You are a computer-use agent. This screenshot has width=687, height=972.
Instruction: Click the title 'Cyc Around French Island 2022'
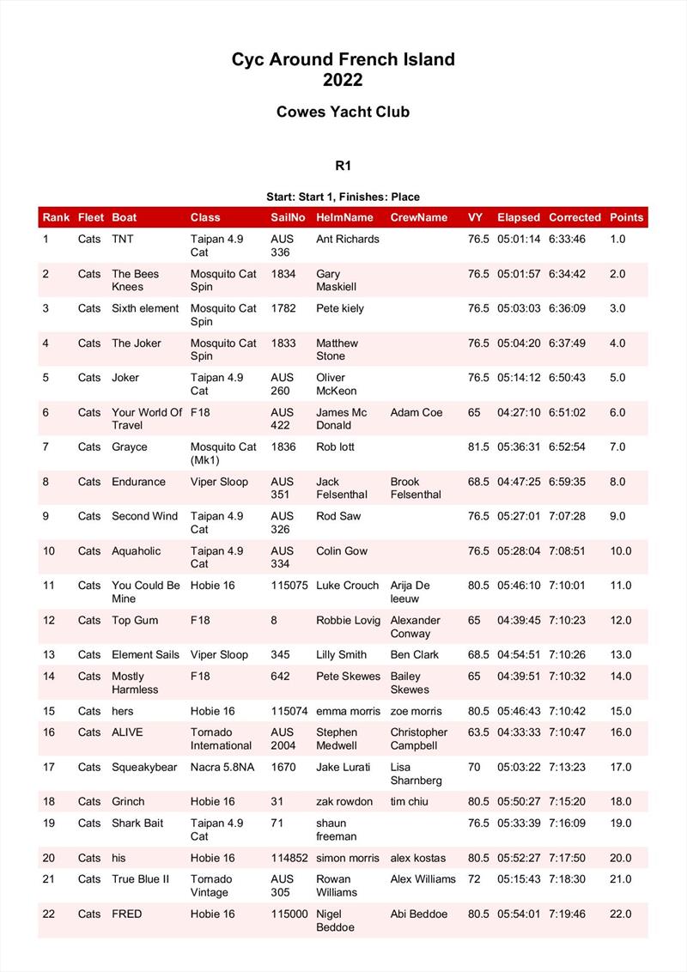click(x=343, y=70)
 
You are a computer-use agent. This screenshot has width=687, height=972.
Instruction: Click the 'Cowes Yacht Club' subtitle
click(x=343, y=112)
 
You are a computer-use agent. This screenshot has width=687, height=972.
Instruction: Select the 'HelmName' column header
click(x=344, y=217)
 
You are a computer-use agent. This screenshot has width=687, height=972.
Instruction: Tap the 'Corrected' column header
click(x=575, y=217)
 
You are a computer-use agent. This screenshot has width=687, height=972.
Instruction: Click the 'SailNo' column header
click(x=288, y=217)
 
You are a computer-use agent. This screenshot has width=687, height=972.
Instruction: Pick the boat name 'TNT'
click(x=123, y=239)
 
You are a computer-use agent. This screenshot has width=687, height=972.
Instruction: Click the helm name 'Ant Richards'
click(x=347, y=239)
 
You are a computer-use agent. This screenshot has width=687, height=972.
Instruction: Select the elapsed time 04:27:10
click(x=519, y=412)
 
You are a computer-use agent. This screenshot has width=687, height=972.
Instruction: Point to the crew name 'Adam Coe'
click(x=416, y=412)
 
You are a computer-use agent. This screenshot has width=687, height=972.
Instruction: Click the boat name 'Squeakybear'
click(x=144, y=767)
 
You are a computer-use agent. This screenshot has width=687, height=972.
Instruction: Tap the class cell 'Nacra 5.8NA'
click(x=222, y=767)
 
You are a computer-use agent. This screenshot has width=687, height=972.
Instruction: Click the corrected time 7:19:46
click(x=567, y=914)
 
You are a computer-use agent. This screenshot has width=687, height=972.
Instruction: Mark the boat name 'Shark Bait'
click(x=137, y=823)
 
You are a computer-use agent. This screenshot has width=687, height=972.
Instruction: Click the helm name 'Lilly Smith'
click(x=341, y=654)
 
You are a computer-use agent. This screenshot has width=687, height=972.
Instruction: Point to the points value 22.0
click(x=620, y=914)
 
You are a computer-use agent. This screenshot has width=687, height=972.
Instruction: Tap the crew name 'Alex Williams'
click(x=423, y=878)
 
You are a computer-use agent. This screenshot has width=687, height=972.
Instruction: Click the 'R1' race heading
click(x=343, y=166)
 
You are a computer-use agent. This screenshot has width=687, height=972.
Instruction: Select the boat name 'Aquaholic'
click(x=136, y=550)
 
